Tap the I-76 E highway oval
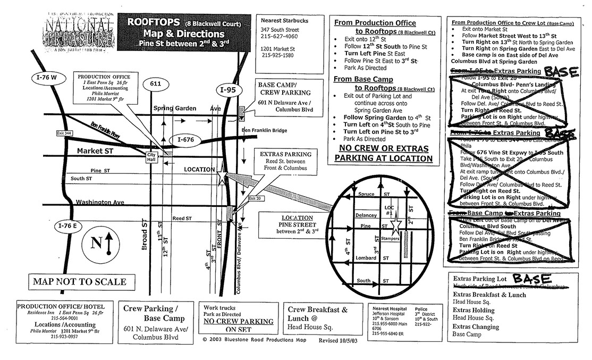click(69, 225)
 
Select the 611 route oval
click(155, 83)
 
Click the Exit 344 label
click(63, 132)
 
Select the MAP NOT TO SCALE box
click(80, 282)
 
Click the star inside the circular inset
click(396, 227)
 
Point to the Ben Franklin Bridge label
click(264, 130)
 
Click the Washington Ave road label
click(99, 202)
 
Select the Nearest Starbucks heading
click(284, 20)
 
